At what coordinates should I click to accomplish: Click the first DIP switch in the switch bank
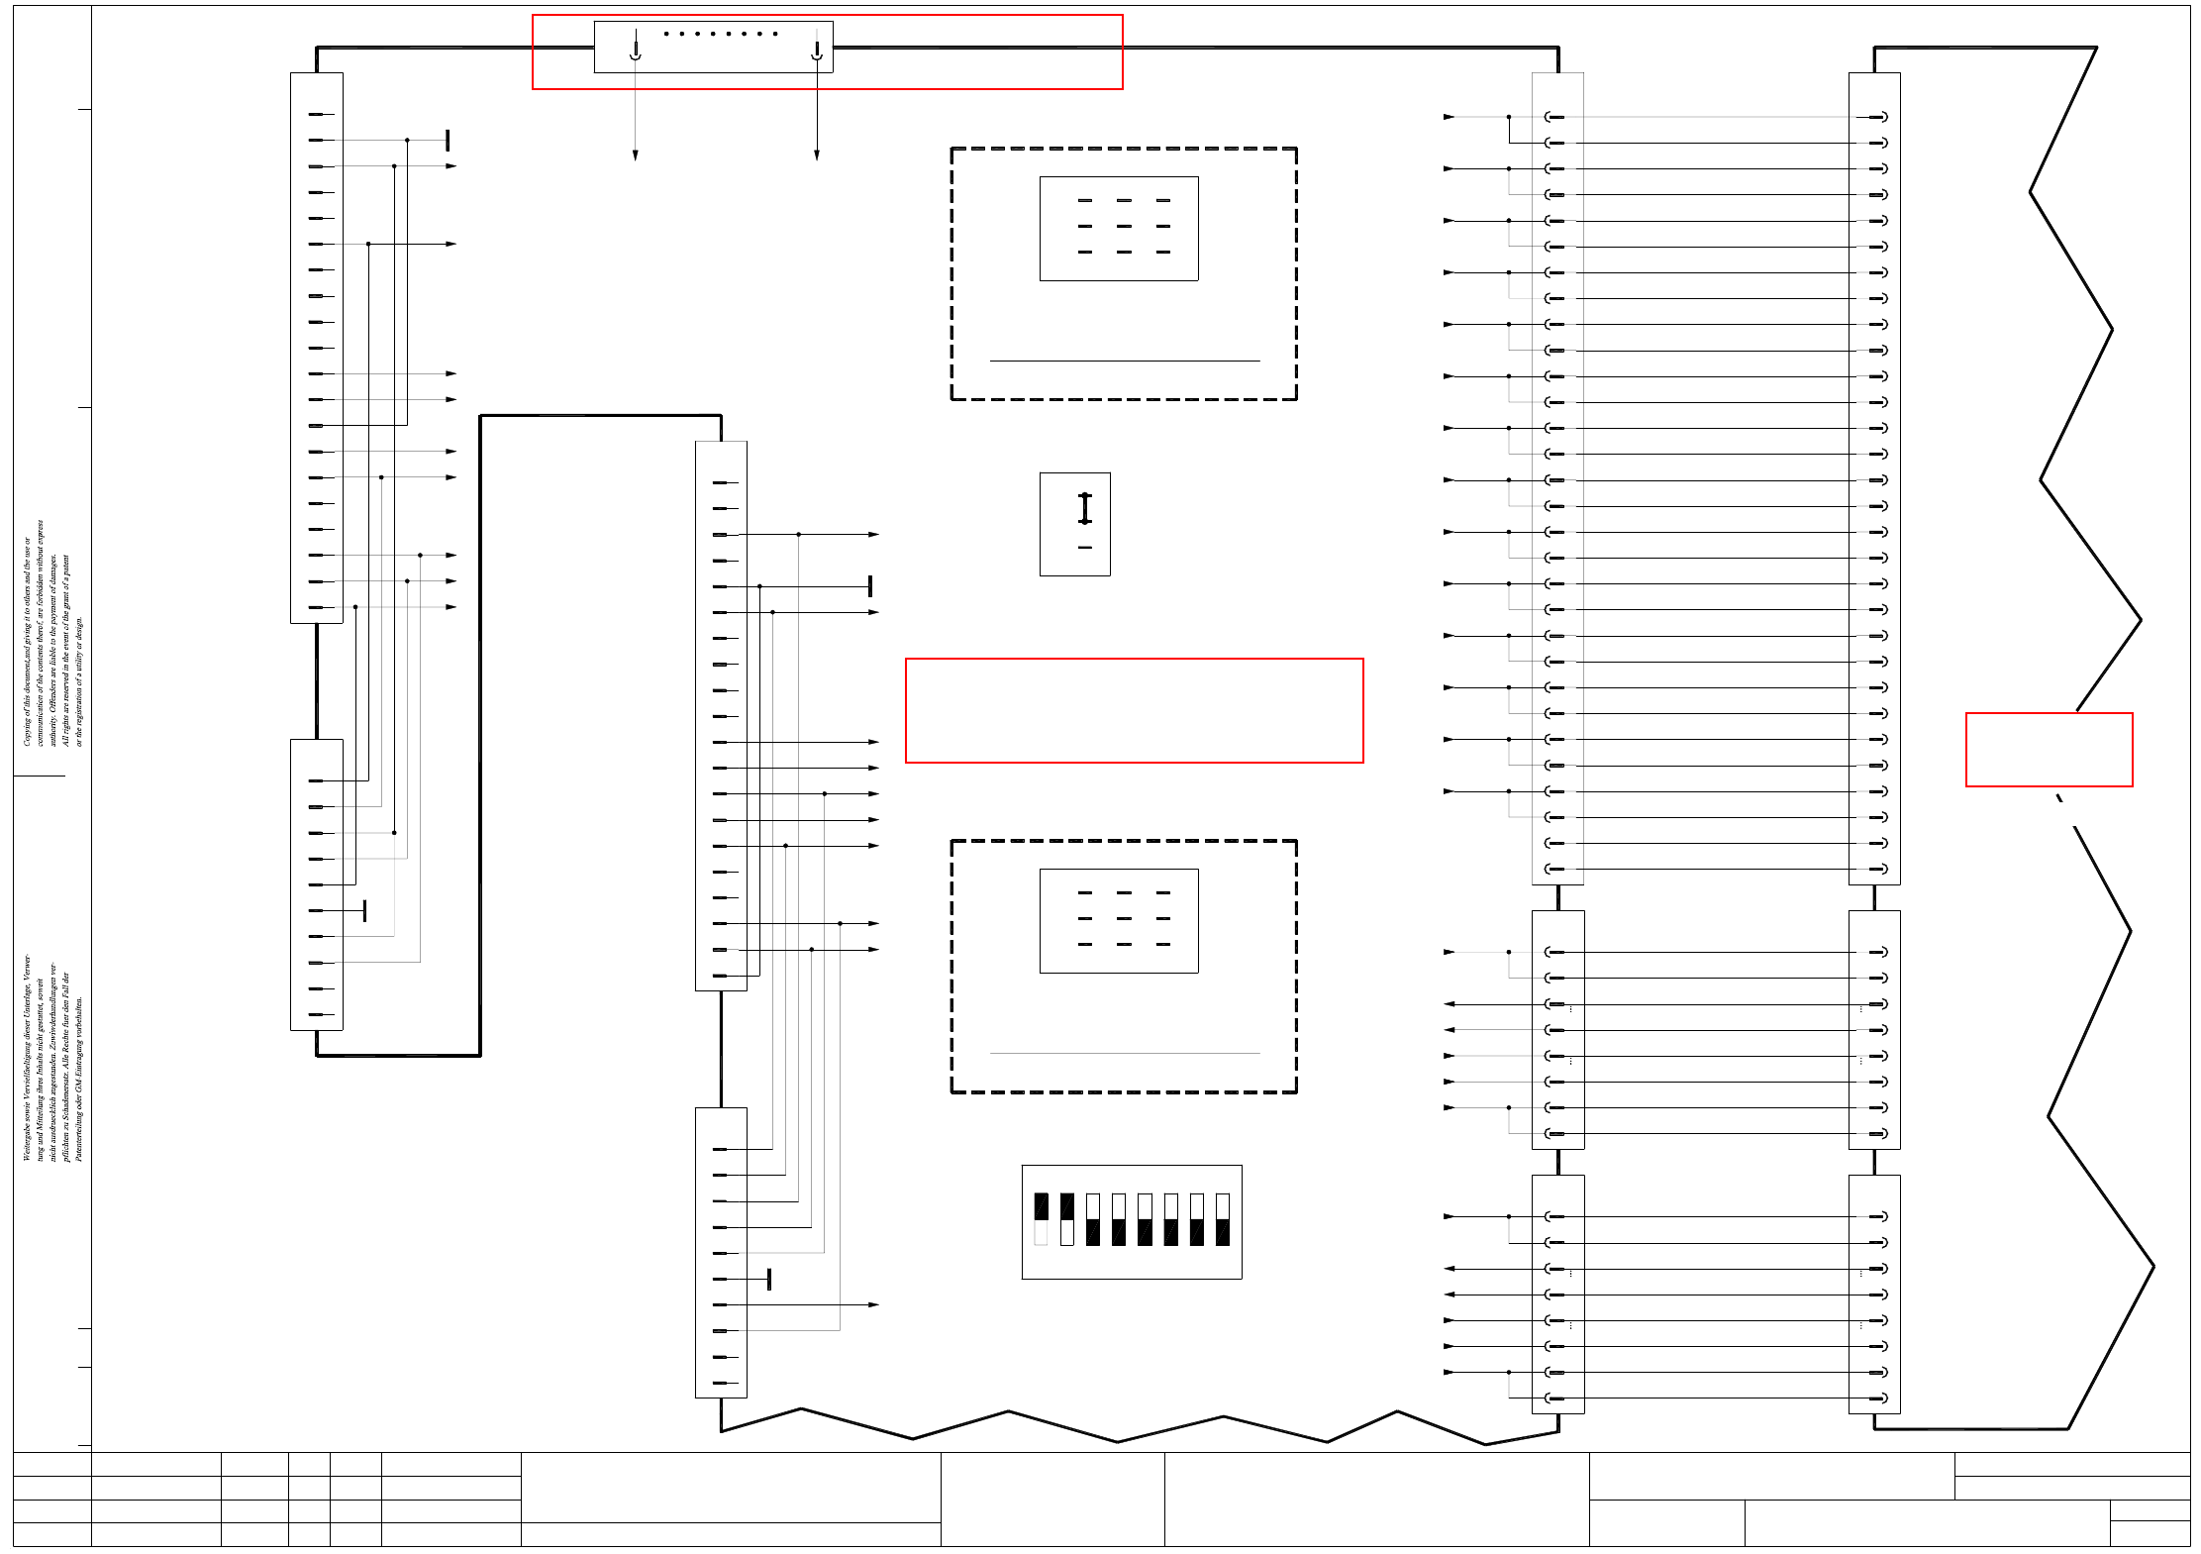click(1041, 1219)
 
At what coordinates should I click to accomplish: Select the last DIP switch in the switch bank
click(1223, 1219)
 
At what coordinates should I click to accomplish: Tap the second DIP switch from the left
click(1066, 1219)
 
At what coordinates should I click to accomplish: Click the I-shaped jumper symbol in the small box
click(1085, 508)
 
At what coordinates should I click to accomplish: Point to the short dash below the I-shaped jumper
click(1085, 548)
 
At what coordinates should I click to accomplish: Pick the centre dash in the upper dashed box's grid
click(1124, 226)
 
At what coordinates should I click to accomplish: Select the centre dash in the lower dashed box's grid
click(1124, 918)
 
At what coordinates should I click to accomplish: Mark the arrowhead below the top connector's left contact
click(636, 155)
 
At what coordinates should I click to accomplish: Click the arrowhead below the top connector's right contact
click(817, 155)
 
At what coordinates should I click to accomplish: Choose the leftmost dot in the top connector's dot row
click(666, 34)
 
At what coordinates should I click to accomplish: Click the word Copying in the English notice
click(28, 728)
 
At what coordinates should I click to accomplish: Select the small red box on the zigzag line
click(2049, 750)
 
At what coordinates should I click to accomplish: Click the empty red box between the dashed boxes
click(1134, 710)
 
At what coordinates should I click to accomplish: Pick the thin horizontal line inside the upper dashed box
click(1125, 361)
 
